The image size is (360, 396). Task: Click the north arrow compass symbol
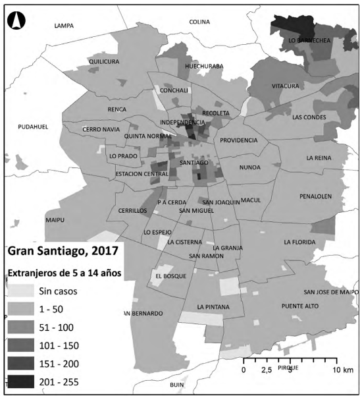15,21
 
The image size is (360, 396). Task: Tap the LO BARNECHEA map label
309,40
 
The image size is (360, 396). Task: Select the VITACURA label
285,86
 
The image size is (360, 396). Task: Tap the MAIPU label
55,219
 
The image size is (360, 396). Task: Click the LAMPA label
64,26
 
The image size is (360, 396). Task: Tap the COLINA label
199,22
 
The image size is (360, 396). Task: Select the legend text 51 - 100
57,327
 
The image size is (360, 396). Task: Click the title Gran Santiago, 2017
63,250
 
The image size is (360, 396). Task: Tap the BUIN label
176,385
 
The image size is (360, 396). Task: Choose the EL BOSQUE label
171,275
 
